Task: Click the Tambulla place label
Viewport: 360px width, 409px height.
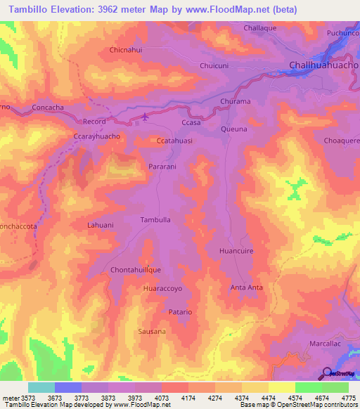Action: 156,219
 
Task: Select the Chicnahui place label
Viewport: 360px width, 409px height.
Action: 127,50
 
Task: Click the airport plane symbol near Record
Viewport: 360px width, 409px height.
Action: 146,117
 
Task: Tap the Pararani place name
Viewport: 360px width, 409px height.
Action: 163,167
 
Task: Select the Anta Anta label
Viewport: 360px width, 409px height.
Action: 247,287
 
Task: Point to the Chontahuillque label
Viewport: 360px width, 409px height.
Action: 136,269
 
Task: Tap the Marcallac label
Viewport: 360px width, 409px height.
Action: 325,344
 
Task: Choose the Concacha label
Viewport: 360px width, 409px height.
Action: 49,108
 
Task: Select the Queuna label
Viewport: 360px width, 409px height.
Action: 234,129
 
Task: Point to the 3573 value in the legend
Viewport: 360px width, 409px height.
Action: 15,398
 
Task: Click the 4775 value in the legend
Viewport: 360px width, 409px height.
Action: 348,398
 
